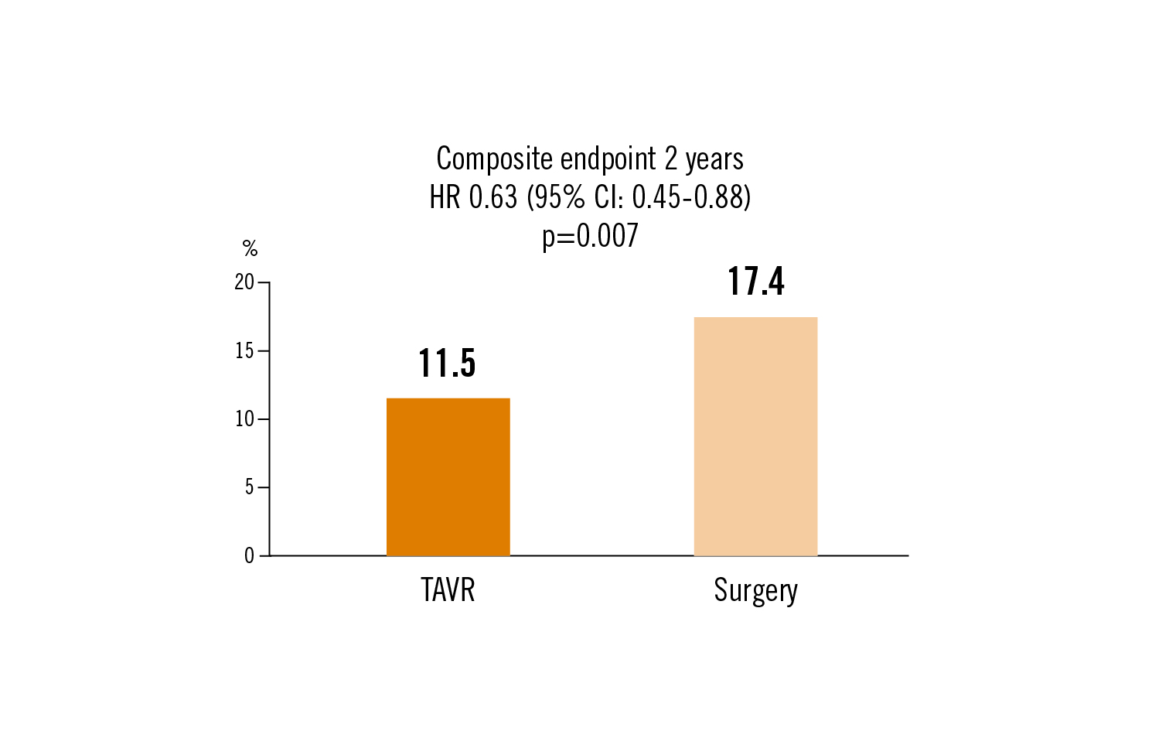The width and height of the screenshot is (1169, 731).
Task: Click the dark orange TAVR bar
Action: [448, 477]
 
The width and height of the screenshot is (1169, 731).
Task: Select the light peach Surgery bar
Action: [755, 436]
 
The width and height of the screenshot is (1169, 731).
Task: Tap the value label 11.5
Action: [447, 363]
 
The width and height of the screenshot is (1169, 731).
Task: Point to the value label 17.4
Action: [755, 281]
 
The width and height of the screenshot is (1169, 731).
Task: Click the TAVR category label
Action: [448, 590]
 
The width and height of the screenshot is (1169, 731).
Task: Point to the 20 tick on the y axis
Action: [244, 282]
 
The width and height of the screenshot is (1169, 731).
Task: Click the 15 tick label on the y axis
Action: [244, 351]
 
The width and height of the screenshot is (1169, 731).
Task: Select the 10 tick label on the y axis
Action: [244, 419]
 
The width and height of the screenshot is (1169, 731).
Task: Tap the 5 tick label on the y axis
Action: [249, 487]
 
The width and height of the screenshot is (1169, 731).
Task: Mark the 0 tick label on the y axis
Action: [249, 556]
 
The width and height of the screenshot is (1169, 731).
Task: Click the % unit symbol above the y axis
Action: [250, 248]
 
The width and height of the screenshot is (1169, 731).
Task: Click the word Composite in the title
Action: [495, 159]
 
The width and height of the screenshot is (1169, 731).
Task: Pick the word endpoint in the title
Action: [608, 159]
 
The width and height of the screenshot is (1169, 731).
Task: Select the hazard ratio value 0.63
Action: [492, 198]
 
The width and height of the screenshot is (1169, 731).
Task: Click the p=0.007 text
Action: [590, 236]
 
